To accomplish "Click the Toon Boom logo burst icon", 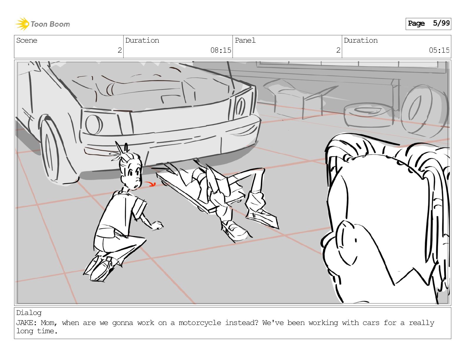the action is click(22, 24).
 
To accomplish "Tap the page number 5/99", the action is click(441, 23).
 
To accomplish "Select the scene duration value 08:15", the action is click(221, 50).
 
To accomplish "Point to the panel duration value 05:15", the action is click(439, 50).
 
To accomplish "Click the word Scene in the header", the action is click(27, 40).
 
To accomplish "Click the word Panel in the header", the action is click(245, 40).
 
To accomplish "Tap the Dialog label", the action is click(29, 313).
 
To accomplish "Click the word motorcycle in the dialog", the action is click(200, 323).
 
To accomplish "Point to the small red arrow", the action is click(150, 184).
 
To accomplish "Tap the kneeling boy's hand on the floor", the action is click(158, 225).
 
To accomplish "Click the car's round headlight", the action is click(94, 125).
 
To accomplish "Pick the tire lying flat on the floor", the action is click(368, 115).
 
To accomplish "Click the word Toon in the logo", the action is click(38, 24).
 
